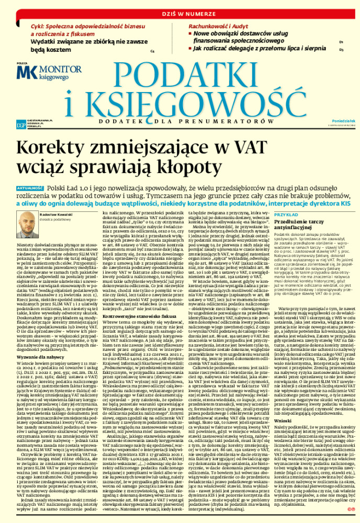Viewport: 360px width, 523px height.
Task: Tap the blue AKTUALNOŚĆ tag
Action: click(29, 187)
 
